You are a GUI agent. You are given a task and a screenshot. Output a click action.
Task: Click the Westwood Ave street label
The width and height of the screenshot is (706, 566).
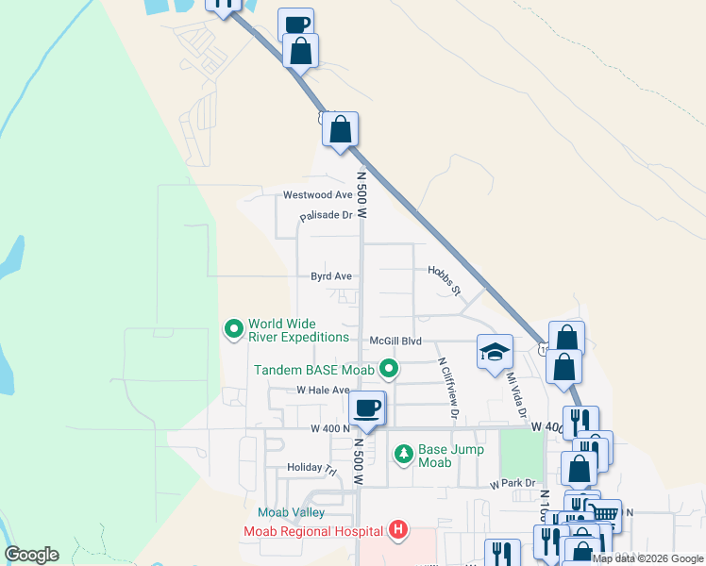[318, 195]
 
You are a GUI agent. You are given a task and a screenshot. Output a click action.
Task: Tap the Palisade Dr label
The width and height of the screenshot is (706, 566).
[326, 216]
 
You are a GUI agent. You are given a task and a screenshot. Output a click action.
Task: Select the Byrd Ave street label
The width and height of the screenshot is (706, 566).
[331, 276]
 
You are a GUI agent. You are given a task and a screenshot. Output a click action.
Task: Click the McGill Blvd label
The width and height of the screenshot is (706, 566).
[395, 341]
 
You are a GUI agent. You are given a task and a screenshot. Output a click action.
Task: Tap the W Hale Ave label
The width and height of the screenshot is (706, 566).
[323, 390]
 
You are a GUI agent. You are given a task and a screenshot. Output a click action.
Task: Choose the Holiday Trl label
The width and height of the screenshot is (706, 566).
[311, 468]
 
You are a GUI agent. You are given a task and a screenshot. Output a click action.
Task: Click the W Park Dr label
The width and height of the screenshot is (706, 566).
[513, 484]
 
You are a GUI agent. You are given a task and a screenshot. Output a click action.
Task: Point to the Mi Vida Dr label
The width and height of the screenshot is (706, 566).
[514, 395]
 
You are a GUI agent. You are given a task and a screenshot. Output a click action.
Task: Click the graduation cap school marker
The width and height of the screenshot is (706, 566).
[494, 353]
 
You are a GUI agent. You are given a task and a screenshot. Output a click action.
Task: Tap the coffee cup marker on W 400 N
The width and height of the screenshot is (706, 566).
[366, 408]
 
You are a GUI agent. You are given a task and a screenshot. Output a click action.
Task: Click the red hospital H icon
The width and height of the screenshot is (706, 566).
[398, 530]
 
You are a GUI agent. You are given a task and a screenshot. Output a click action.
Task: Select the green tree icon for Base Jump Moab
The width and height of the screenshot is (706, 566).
[403, 456]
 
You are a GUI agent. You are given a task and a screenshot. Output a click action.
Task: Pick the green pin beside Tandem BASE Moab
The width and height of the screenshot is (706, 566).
[388, 369]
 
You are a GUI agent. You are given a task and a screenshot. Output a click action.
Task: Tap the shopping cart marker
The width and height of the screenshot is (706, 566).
[605, 515]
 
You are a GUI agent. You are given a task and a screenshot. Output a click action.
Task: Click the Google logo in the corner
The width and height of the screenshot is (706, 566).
[32, 555]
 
